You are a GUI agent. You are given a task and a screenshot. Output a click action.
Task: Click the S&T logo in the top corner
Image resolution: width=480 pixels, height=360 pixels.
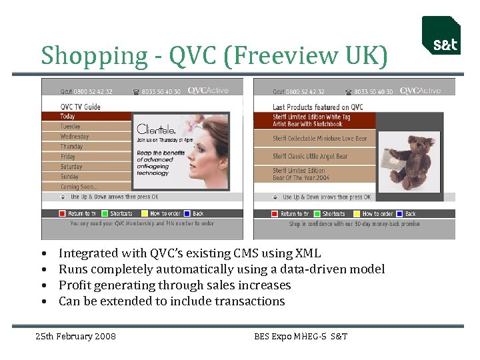pos(441,36)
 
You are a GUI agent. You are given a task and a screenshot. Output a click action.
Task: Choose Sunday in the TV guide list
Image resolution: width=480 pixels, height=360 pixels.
pos(69,177)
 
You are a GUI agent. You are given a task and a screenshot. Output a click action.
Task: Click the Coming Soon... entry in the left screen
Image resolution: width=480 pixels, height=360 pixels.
pos(79,187)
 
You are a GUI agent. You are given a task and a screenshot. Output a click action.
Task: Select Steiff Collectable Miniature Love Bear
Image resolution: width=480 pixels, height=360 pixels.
pos(319,139)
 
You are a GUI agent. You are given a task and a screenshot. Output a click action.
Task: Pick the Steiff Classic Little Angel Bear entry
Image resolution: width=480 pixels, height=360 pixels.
pos(310,156)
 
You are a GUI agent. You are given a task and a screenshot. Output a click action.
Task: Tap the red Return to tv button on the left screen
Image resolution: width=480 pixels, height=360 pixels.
pos(63,213)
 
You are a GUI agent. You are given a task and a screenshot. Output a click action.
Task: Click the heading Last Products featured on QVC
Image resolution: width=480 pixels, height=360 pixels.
pos(317,107)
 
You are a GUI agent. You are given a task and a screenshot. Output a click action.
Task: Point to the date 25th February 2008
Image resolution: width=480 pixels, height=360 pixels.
pos(75,336)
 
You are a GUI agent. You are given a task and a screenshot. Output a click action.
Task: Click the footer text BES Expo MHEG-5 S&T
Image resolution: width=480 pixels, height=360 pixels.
pos(301,336)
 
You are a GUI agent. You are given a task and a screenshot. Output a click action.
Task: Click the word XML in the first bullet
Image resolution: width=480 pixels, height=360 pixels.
pos(307,253)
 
